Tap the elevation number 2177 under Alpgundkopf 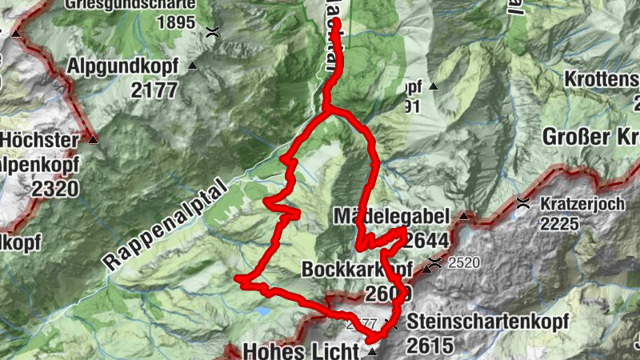(x=154, y=90)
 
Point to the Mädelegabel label (x=393, y=217)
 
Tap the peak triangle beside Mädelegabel (x=463, y=215)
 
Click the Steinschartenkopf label (x=487, y=322)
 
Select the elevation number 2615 (x=430, y=346)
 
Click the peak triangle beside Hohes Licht (x=372, y=351)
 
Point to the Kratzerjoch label (x=582, y=203)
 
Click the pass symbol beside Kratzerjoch (x=523, y=202)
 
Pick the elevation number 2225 (x=559, y=224)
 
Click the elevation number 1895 (x=176, y=23)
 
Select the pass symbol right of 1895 (x=213, y=32)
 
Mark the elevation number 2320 (x=57, y=189)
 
